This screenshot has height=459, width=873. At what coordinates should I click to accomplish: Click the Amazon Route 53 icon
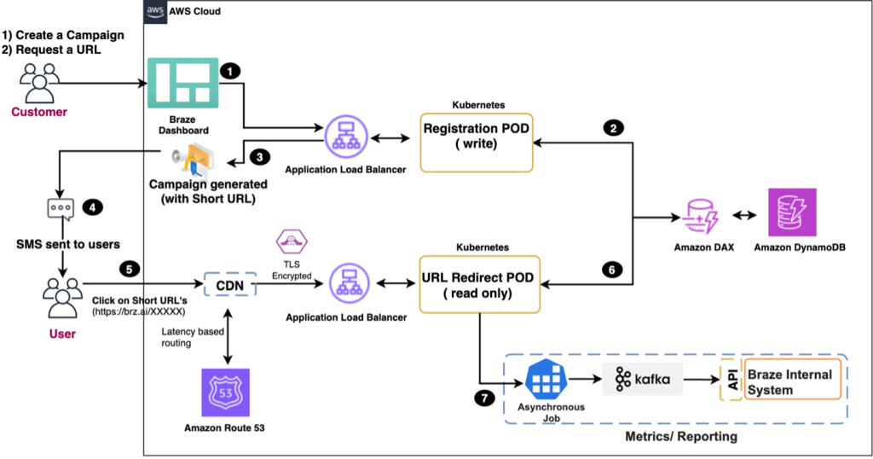point(224,393)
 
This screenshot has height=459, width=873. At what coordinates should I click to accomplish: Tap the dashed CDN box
point(229,283)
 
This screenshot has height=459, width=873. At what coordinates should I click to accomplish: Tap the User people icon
point(60,296)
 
